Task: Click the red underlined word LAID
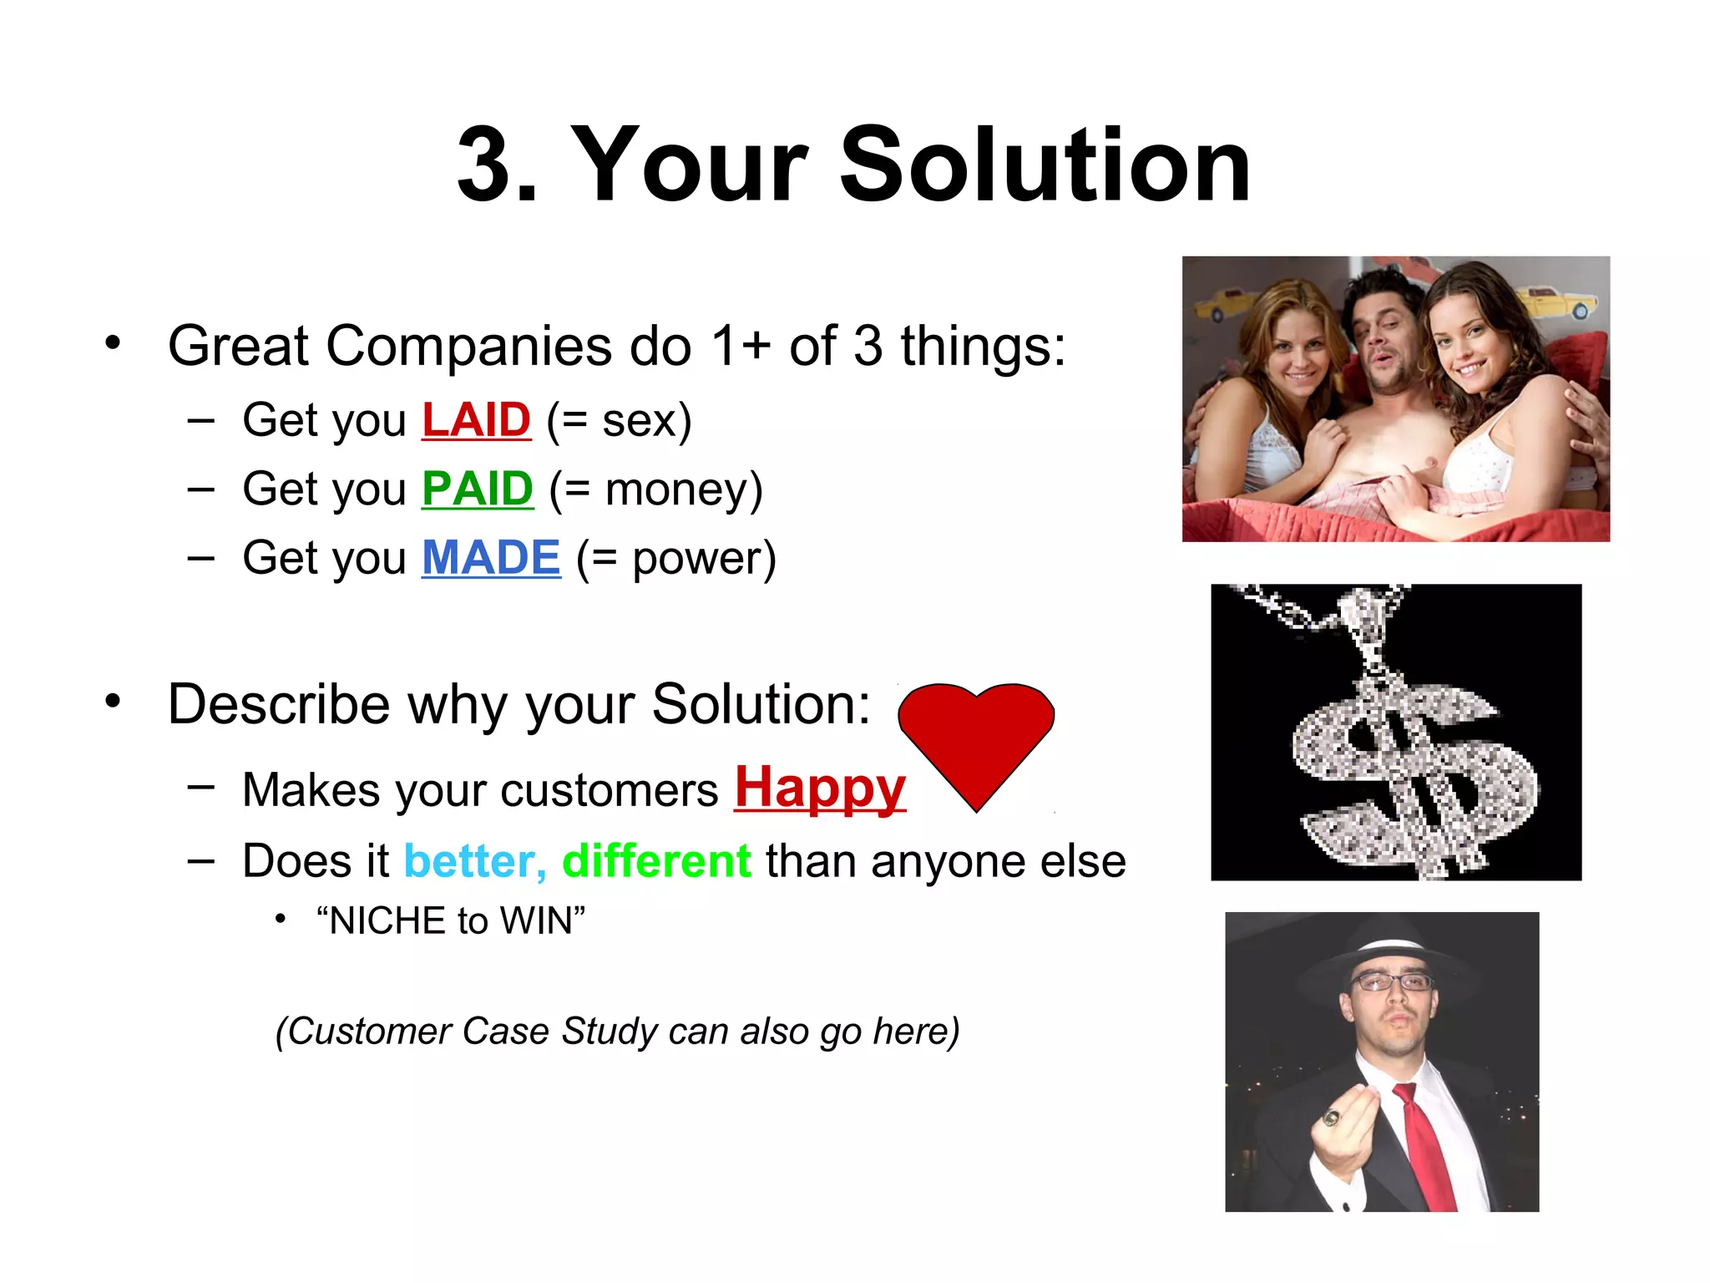(476, 419)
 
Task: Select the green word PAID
(477, 489)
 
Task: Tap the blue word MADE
(491, 558)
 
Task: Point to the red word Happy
(820, 789)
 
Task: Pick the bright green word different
(656, 861)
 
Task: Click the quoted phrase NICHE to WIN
(451, 921)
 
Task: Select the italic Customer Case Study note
(618, 1032)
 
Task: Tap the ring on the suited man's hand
(1331, 1118)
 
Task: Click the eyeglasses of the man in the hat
(1392, 982)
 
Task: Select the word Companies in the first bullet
(468, 346)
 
